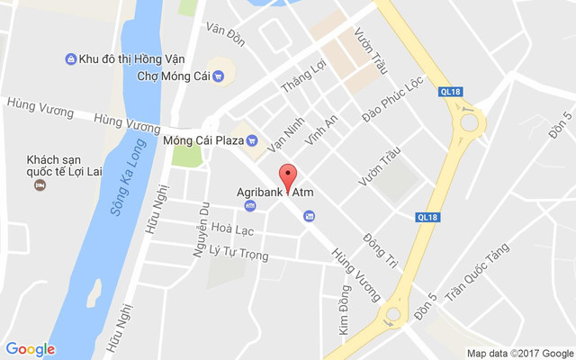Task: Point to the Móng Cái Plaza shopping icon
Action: tap(252, 140)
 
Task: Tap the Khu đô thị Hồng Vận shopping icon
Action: tap(70, 59)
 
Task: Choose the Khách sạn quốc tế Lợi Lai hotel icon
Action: tap(40, 185)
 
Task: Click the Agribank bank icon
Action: tap(250, 206)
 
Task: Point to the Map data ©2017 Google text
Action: tap(519, 353)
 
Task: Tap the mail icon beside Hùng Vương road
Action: tap(310, 216)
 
